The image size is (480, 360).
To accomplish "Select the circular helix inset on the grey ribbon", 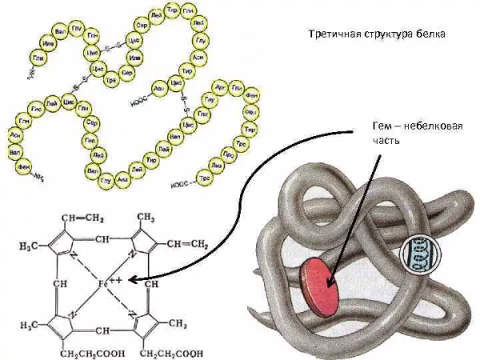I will pyautogui.click(x=416, y=256).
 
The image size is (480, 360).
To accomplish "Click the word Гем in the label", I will pyautogui.click(x=383, y=126).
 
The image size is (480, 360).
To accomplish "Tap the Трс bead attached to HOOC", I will pyautogui.click(x=205, y=178).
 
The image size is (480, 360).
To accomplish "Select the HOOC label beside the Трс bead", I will pyautogui.click(x=181, y=185).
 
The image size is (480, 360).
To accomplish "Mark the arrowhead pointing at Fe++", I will pyautogui.click(x=131, y=281).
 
